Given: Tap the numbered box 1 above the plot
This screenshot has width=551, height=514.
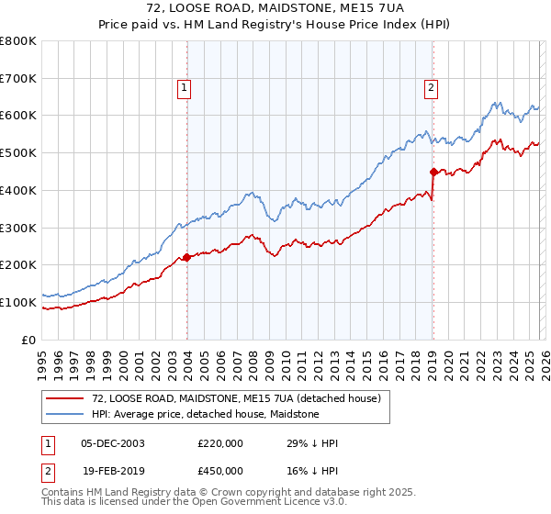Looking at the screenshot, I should tap(185, 88).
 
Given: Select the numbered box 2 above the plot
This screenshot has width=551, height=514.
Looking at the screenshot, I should tap(431, 88).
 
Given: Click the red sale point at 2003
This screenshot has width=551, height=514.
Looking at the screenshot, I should tap(187, 257).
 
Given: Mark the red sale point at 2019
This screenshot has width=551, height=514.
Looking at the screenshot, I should tap(433, 171).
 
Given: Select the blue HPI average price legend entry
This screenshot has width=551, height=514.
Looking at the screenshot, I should tap(205, 415).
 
